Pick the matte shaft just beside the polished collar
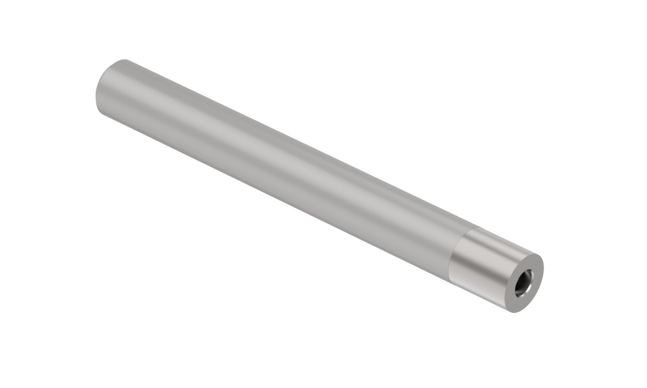pos(433,239)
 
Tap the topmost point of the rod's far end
pos(124,59)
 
